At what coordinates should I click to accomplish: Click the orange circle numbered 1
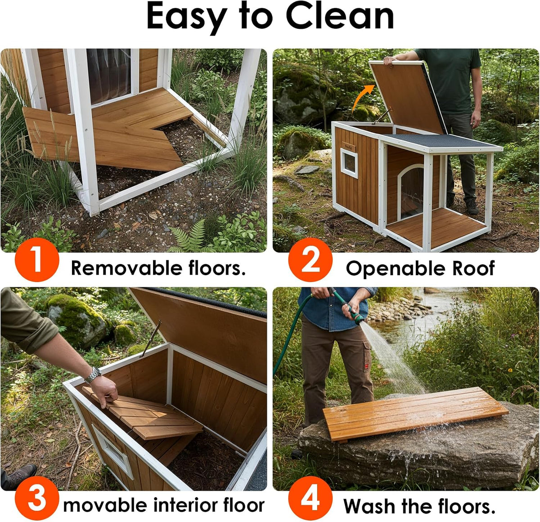click(37, 260)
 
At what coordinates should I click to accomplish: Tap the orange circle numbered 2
click(310, 260)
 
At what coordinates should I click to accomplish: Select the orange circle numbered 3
click(37, 498)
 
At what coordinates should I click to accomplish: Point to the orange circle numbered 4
click(310, 498)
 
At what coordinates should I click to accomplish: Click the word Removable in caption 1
click(127, 268)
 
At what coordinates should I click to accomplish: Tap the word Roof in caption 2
click(473, 268)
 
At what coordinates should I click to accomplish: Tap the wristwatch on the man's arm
click(93, 375)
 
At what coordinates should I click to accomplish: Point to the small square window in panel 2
click(349, 163)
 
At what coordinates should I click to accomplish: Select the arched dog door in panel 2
click(411, 192)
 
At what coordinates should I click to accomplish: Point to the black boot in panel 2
click(472, 207)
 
